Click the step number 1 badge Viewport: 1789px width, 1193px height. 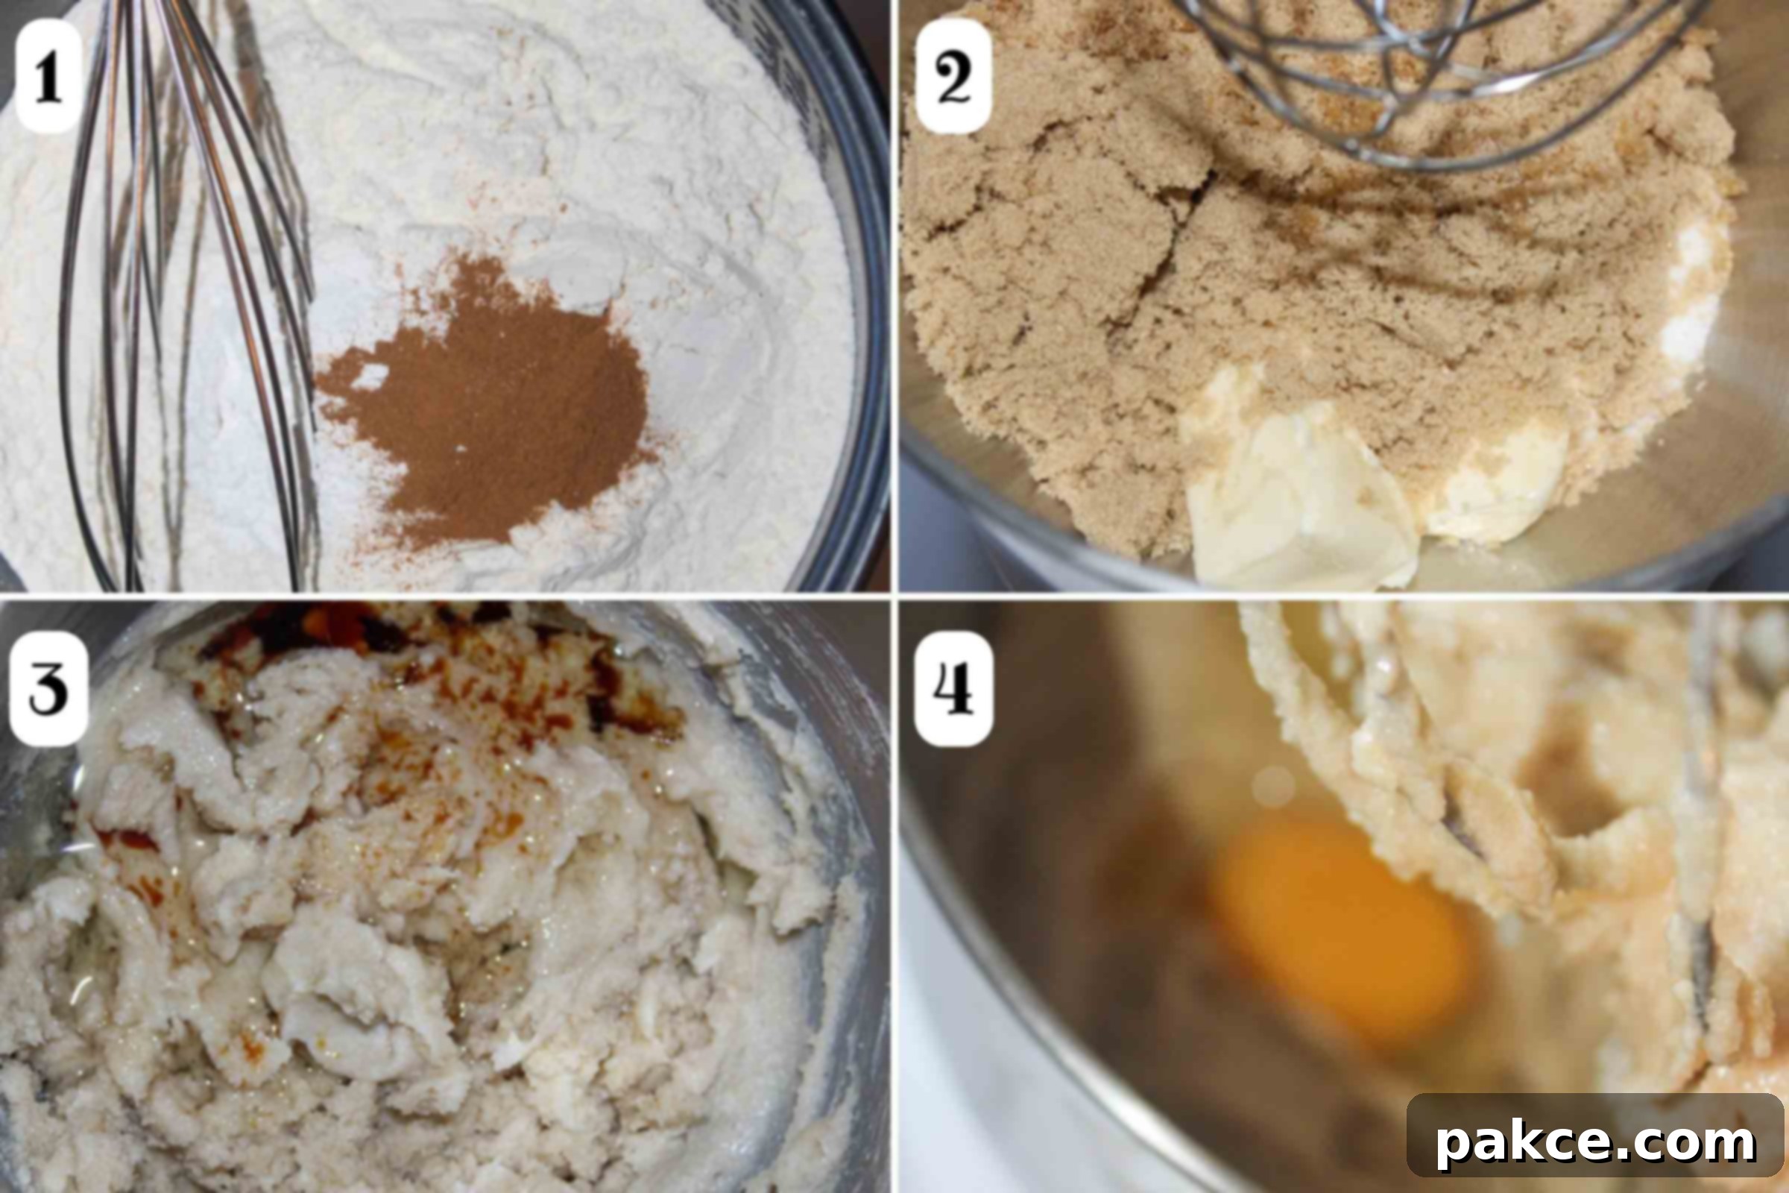tap(49, 76)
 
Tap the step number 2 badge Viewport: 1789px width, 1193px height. tap(954, 76)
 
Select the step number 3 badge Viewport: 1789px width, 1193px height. tap(48, 688)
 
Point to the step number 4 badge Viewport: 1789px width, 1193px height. tap(954, 688)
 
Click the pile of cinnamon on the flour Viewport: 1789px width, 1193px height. tap(487, 403)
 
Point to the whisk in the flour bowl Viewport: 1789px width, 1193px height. tap(190, 297)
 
